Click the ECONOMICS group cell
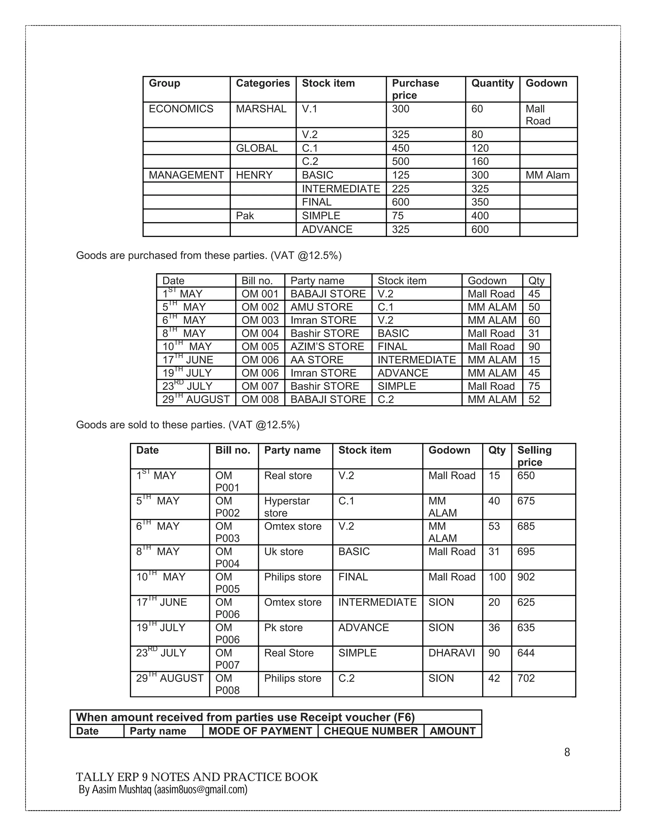[181, 109]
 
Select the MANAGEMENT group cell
[186, 175]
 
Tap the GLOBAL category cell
[257, 148]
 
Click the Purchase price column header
[416, 89]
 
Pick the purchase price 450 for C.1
[401, 148]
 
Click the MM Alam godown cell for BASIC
[548, 175]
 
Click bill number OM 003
[260, 320]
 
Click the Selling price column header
[534, 456]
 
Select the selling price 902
[526, 577]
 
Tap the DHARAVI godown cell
[452, 653]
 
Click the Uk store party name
[284, 551]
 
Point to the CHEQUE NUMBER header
[371, 731]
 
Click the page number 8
[567, 752]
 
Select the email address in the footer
[201, 790]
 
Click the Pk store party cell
[283, 627]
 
